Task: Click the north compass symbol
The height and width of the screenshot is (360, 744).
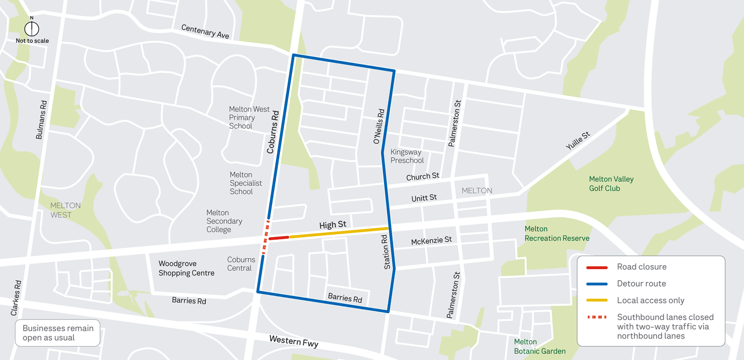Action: click(x=31, y=28)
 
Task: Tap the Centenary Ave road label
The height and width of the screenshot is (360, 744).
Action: click(x=205, y=31)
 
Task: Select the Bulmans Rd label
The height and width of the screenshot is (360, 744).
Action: click(x=41, y=120)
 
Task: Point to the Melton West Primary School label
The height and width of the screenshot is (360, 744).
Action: click(x=249, y=117)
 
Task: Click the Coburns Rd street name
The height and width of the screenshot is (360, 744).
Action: click(x=273, y=132)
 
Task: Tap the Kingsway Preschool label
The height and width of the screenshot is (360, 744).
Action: click(x=407, y=156)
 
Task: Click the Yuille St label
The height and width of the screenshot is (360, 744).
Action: click(x=578, y=141)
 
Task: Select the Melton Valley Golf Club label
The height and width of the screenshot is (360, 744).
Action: click(x=611, y=184)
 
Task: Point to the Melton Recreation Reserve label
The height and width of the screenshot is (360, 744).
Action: click(x=557, y=234)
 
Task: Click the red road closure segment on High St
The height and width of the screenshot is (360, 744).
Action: click(x=279, y=238)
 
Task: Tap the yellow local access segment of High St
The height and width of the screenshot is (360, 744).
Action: click(x=339, y=233)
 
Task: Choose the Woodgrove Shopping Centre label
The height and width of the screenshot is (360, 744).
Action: click(x=186, y=268)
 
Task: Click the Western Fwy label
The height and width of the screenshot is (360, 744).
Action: click(x=294, y=342)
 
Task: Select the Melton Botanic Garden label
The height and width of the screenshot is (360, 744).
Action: click(x=540, y=347)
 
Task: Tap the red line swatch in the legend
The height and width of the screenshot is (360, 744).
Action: click(x=597, y=268)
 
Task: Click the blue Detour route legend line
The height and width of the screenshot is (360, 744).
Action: click(x=597, y=284)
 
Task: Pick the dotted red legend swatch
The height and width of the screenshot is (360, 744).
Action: click(x=597, y=317)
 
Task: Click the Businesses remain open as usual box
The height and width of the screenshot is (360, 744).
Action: click(x=58, y=333)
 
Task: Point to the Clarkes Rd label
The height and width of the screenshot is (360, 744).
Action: click(x=16, y=298)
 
